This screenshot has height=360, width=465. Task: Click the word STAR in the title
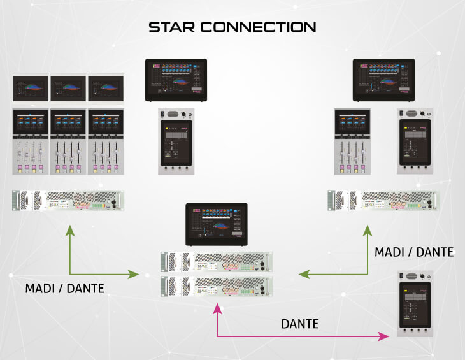173,27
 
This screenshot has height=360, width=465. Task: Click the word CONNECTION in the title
259,27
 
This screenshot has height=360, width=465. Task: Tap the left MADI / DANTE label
64,289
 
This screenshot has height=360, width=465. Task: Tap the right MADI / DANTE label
414,252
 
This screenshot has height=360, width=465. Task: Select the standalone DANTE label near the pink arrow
300,324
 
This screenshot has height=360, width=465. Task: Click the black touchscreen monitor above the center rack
215,224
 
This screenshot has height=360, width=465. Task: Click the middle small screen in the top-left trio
68,89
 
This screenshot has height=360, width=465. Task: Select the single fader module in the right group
353,141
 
